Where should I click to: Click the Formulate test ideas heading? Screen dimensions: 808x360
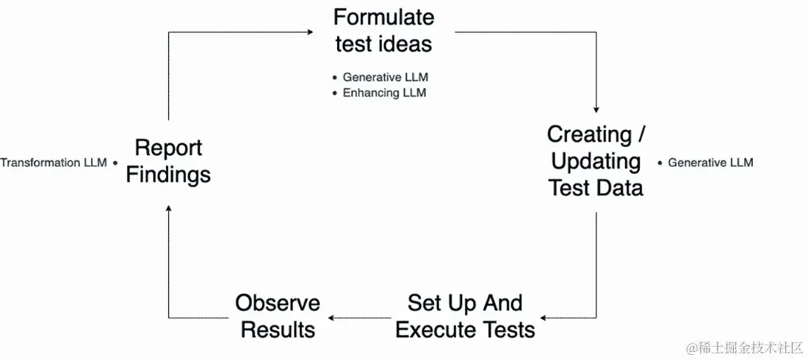(384, 30)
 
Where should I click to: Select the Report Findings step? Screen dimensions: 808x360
(168, 161)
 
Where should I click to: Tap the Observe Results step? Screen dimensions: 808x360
(278, 316)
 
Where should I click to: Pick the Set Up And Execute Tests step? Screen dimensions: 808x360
(465, 316)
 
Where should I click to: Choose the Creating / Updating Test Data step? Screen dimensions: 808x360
(596, 161)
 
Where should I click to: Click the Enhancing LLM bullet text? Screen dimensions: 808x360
(384, 93)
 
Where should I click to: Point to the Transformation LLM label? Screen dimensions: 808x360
(54, 162)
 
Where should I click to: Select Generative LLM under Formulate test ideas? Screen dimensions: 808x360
(386, 77)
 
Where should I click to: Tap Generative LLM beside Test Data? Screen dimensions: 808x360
(710, 162)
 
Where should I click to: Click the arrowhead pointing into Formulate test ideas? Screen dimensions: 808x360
(311, 32)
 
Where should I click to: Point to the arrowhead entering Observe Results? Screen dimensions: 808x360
(331, 317)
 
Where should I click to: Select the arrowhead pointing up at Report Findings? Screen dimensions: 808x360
(169, 209)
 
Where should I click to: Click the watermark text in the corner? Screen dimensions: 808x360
(743, 346)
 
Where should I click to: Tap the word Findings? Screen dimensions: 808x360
(168, 175)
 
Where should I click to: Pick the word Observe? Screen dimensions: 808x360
(278, 303)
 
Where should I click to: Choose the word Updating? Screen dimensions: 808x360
(596, 161)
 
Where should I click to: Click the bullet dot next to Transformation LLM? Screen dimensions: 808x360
(115, 162)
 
